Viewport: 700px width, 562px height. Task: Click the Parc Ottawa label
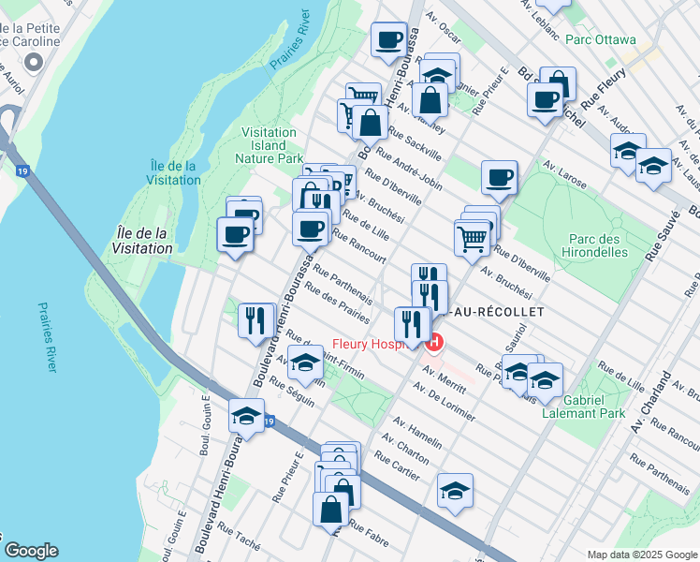(601, 40)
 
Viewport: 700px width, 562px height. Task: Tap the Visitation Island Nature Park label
(269, 145)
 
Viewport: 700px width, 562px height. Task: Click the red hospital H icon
(434, 344)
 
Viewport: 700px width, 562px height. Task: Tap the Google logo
(31, 550)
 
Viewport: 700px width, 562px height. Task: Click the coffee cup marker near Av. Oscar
(388, 40)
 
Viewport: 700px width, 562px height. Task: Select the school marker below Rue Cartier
(455, 490)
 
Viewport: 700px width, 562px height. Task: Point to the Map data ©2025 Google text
(641, 554)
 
